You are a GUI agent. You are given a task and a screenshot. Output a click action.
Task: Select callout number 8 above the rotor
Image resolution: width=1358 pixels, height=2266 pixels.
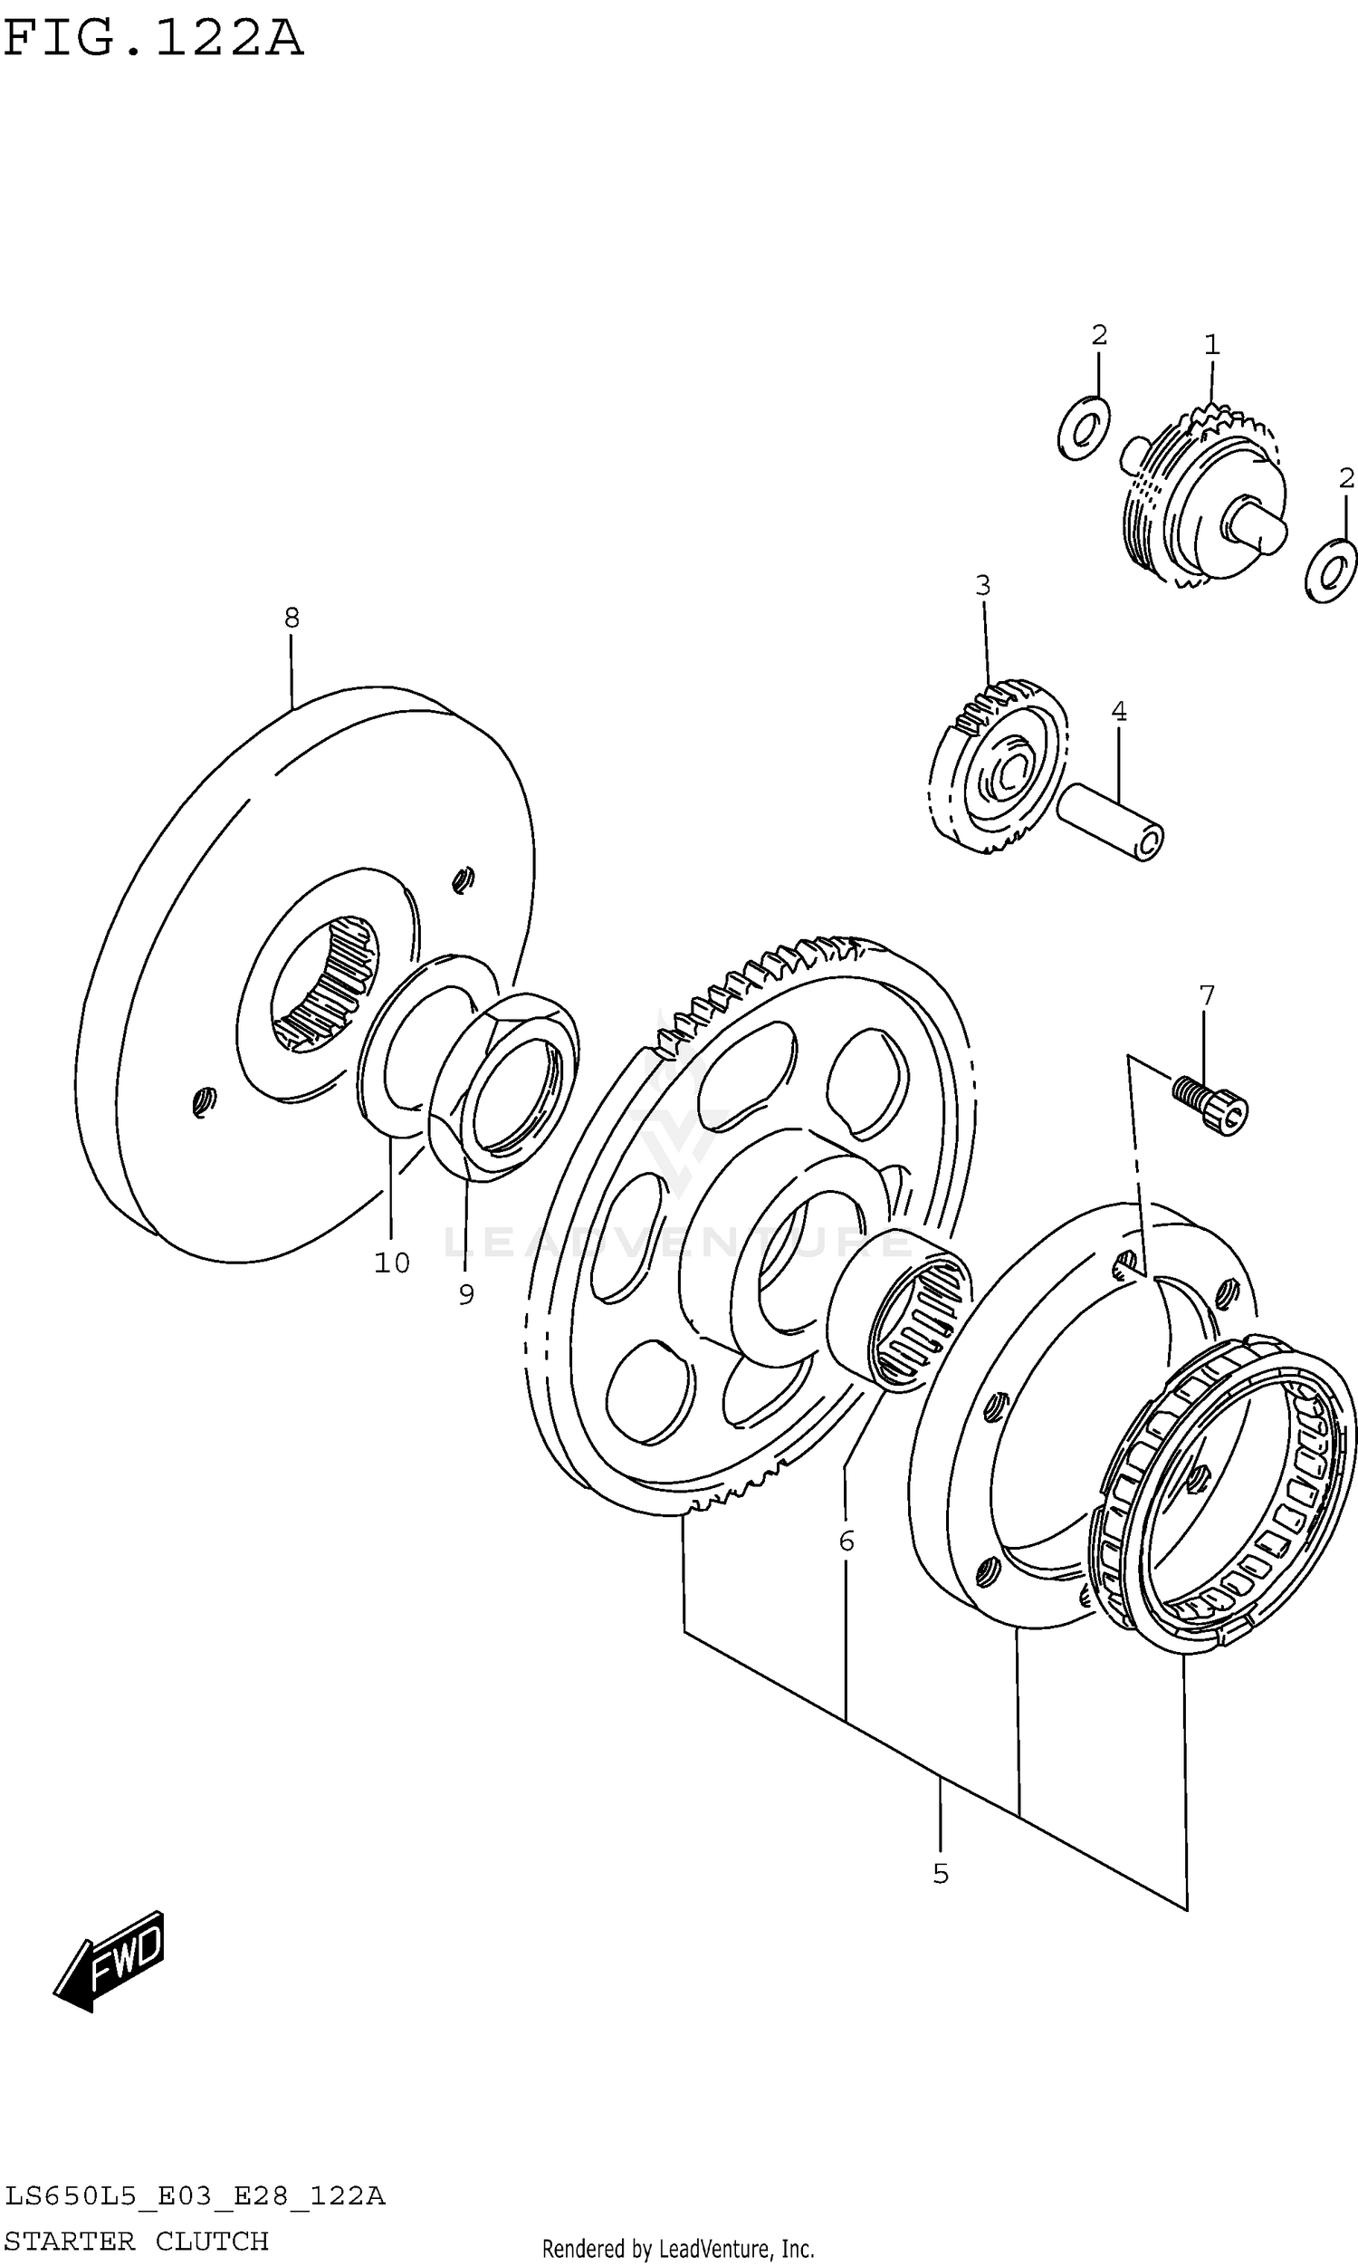[291, 618]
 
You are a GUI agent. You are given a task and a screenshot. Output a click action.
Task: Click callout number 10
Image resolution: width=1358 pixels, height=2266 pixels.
[392, 1263]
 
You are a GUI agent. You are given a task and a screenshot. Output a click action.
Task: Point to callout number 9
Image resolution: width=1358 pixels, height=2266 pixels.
[465, 1294]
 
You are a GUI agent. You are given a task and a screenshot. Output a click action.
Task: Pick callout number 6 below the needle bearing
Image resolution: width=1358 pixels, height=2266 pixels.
[846, 1541]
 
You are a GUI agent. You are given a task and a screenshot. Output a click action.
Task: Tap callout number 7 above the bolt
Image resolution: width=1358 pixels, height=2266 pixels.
[1207, 994]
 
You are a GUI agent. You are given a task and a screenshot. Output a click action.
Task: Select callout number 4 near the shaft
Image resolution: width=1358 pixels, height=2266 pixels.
[1118, 711]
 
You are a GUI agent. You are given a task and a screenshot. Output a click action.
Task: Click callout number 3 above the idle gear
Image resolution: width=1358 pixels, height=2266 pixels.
[983, 585]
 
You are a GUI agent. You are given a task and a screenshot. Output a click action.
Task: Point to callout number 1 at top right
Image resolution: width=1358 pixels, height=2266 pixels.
[1211, 345]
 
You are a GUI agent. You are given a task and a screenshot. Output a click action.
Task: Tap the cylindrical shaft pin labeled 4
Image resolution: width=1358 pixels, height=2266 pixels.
[1111, 821]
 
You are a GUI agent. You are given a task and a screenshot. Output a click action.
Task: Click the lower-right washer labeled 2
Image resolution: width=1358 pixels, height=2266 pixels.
[1331, 571]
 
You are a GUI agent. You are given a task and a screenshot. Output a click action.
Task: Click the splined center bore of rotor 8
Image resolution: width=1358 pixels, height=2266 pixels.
[328, 984]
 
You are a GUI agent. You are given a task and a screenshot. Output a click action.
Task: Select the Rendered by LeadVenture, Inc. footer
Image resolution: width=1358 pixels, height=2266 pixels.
[678, 2249]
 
